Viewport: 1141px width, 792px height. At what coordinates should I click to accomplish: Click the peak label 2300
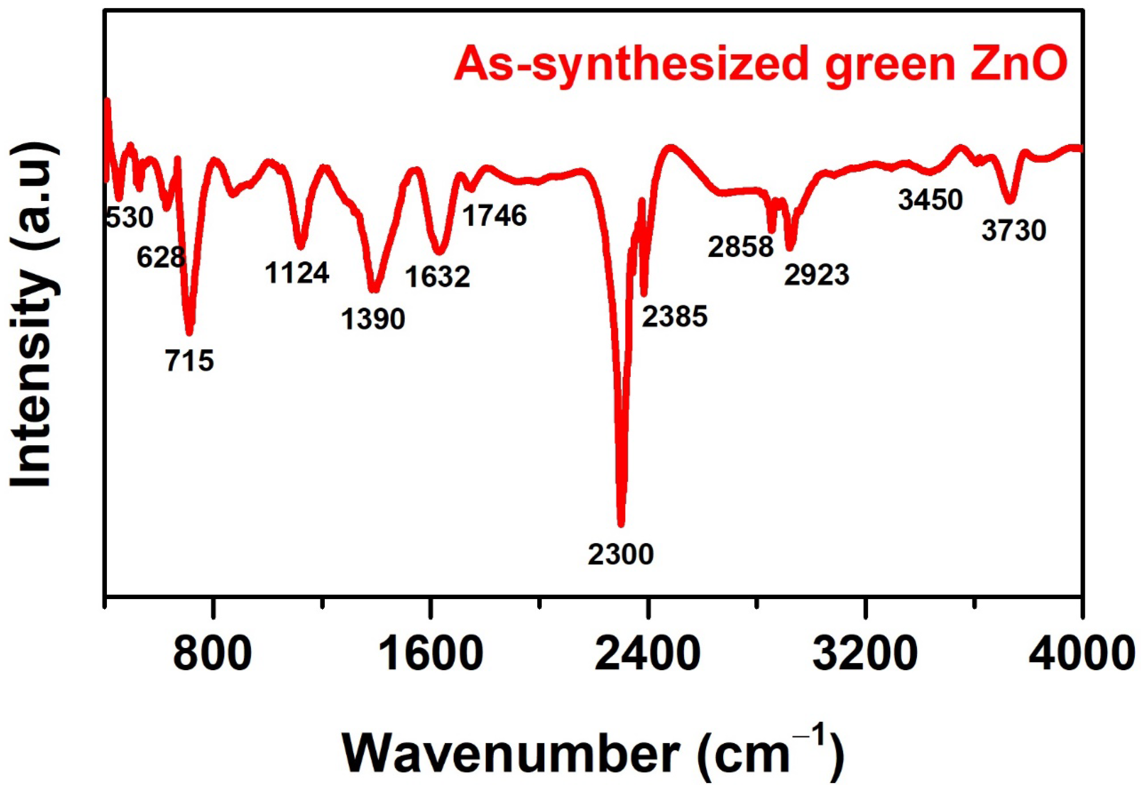point(620,554)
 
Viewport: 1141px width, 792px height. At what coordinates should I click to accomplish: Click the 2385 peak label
point(674,316)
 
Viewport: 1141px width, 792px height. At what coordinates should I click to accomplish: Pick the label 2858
point(740,247)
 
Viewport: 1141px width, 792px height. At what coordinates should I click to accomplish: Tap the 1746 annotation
point(494,216)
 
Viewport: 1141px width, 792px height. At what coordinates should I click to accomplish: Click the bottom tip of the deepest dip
point(620,524)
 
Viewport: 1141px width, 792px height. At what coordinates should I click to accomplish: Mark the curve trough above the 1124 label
point(301,246)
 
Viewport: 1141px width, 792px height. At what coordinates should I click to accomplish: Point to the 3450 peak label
point(930,200)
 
